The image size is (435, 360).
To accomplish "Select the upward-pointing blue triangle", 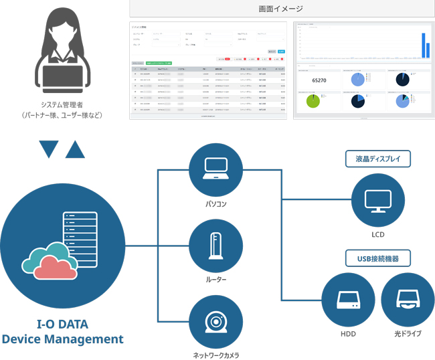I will [x=74, y=149].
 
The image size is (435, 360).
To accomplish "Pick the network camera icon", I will [x=215, y=323].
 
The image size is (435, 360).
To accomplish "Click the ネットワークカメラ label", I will [x=215, y=355].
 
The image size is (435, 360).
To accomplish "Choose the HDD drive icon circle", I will [x=348, y=300].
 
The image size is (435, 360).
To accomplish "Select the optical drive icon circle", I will [x=406, y=300].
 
